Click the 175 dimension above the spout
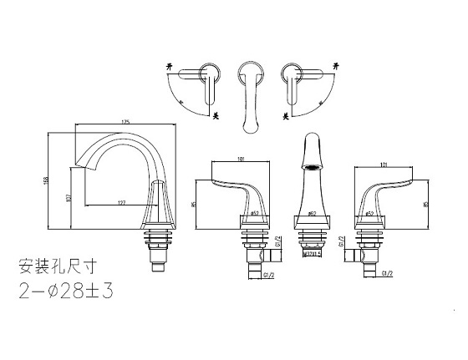pyautogui.click(x=125, y=124)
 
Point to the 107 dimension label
pyautogui.click(x=69, y=197)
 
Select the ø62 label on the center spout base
pyautogui.click(x=311, y=215)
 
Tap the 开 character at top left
pyautogui.click(x=171, y=64)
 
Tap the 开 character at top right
pyautogui.click(x=337, y=64)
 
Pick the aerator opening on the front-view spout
pyautogui.click(x=311, y=166)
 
